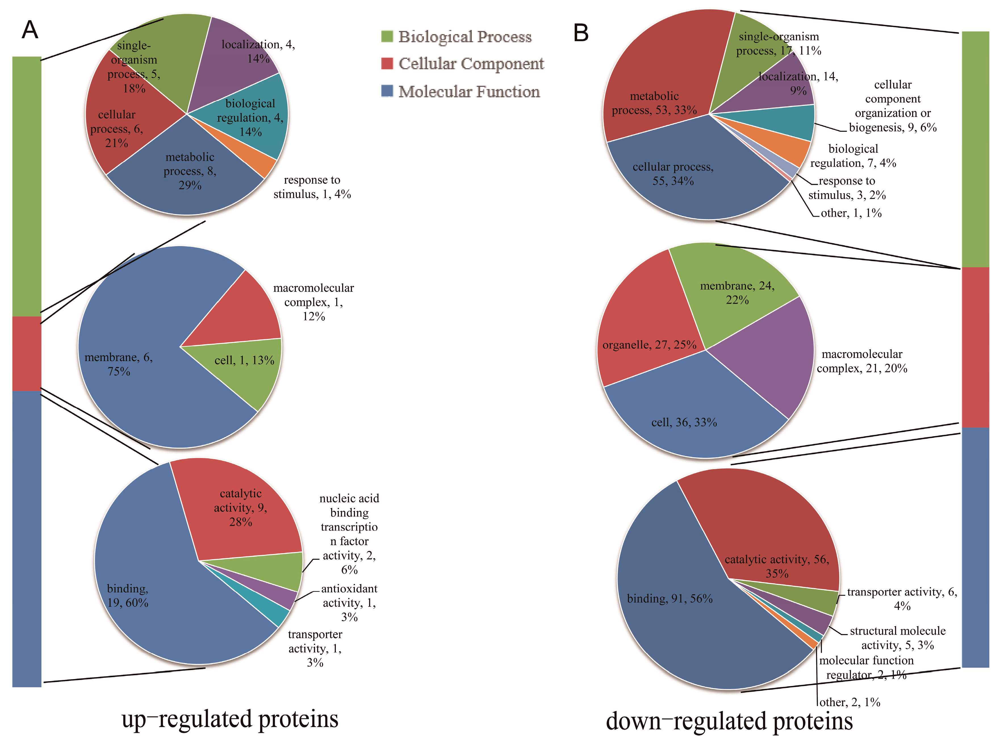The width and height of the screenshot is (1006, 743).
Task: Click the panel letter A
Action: click(x=30, y=30)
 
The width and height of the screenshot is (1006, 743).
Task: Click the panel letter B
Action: click(x=581, y=33)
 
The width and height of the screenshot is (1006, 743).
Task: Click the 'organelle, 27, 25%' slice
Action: click(x=643, y=333)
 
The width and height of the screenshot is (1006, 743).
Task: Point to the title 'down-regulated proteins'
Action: click(x=729, y=721)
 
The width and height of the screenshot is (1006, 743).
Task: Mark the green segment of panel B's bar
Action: click(x=975, y=148)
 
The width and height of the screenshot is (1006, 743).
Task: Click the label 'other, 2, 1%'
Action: click(x=850, y=702)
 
